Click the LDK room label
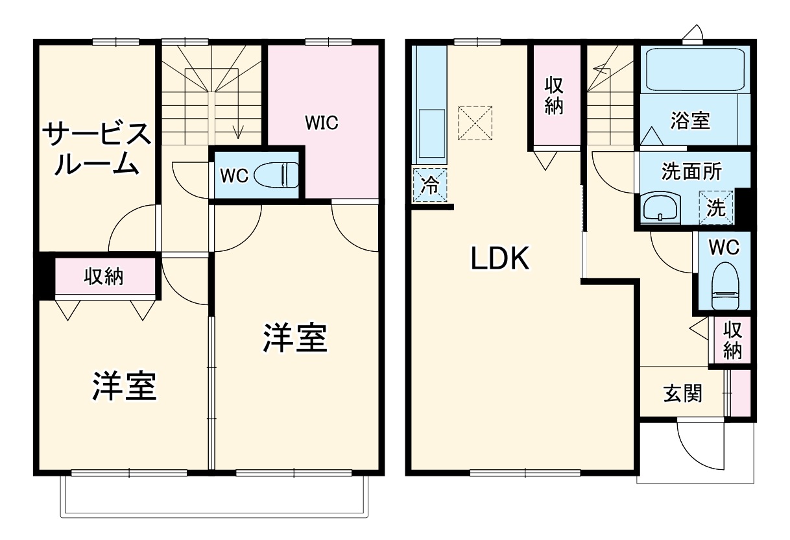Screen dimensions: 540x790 [x=500, y=260]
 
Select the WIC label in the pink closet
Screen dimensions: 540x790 [x=322, y=122]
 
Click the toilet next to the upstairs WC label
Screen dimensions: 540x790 [x=277, y=175]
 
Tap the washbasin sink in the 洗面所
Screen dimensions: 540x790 [x=660, y=208]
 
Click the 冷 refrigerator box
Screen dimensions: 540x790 [x=430, y=184]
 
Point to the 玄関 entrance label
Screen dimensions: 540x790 [x=682, y=393]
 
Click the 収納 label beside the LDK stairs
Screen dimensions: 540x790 [x=553, y=95]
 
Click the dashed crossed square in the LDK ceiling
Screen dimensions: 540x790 [x=475, y=123]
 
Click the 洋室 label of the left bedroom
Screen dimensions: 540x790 [x=123, y=386]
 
